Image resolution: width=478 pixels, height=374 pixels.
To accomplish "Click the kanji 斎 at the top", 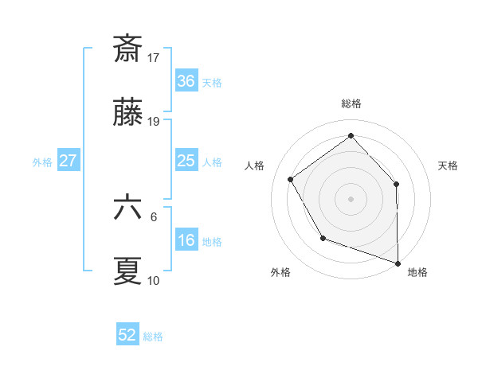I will coord(127,49).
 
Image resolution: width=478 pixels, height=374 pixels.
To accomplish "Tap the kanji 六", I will coord(127,207).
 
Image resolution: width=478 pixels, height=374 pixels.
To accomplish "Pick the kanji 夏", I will coord(127,271).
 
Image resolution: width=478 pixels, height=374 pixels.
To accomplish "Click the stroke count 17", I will coord(155,57).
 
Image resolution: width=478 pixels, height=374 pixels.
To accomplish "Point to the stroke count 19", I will coord(155,122).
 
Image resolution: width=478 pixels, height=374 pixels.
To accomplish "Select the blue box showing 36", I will coord(186,81).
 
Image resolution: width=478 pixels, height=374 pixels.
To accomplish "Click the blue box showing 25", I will coord(186,161).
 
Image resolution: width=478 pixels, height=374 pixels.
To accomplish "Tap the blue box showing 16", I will coord(186,241).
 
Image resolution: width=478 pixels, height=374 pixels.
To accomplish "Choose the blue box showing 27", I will coord(69,161).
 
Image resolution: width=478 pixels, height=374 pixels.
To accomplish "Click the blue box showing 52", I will coord(127,335).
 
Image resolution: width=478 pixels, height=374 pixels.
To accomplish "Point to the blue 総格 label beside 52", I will coord(154,337).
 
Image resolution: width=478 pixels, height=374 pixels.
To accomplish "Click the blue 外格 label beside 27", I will coord(42,162).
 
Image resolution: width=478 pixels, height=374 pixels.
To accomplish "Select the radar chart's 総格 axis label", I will coord(351,103).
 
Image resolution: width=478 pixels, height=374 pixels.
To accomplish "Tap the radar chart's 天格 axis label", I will coord(449,166).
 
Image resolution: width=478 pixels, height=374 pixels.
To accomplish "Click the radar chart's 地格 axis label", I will coord(417,272).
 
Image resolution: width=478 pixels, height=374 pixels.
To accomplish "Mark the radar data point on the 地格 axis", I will coord(398,263).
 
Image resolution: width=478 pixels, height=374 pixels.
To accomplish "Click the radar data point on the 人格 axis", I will coord(291,180).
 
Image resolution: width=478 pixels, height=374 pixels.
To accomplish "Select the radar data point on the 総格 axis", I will coord(351,135).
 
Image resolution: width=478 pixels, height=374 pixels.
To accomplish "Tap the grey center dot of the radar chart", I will coord(351,198).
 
